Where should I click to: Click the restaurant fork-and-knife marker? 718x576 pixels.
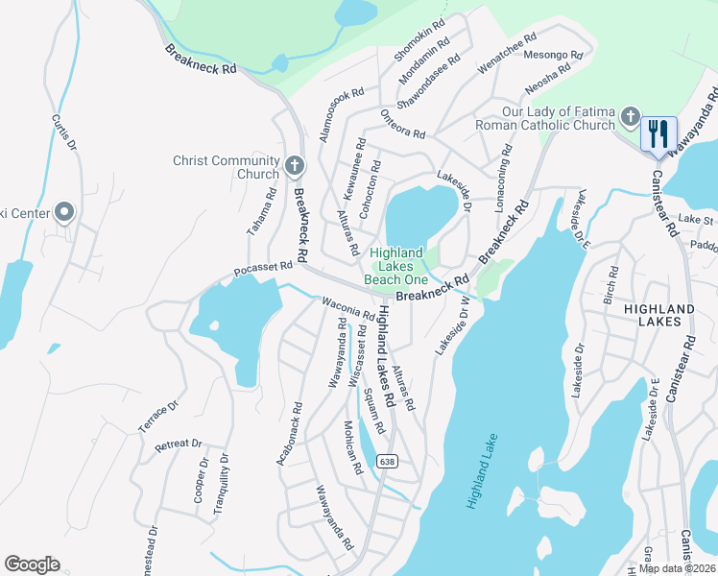[658, 133]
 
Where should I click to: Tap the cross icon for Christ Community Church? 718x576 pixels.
[295, 167]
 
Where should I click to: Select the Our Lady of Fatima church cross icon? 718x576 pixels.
[630, 117]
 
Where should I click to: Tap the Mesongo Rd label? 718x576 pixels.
[553, 56]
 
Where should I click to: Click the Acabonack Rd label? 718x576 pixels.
[290, 434]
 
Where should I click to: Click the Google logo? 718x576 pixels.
[33, 564]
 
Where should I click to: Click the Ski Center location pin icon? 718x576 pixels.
[64, 212]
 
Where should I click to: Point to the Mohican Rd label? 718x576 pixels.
[352, 447]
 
